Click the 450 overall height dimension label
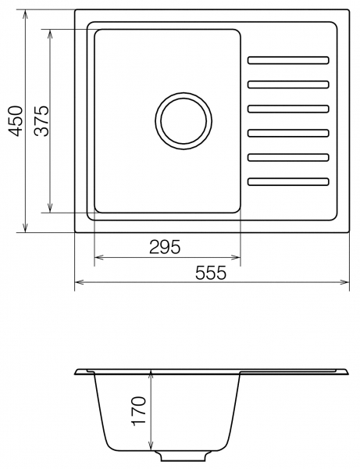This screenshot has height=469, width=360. [x=16, y=121]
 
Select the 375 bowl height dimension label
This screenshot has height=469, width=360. [x=41, y=121]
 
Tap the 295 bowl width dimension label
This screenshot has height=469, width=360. [x=165, y=247]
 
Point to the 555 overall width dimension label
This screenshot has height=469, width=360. [x=211, y=273]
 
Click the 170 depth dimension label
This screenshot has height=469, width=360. [x=139, y=411]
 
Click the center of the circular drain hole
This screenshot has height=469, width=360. [x=184, y=121]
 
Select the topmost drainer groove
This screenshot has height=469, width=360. [x=288, y=60]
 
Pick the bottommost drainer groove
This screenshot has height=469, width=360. [x=288, y=181]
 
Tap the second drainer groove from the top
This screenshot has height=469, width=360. [x=288, y=84]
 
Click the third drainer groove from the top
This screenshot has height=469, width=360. [x=288, y=109]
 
